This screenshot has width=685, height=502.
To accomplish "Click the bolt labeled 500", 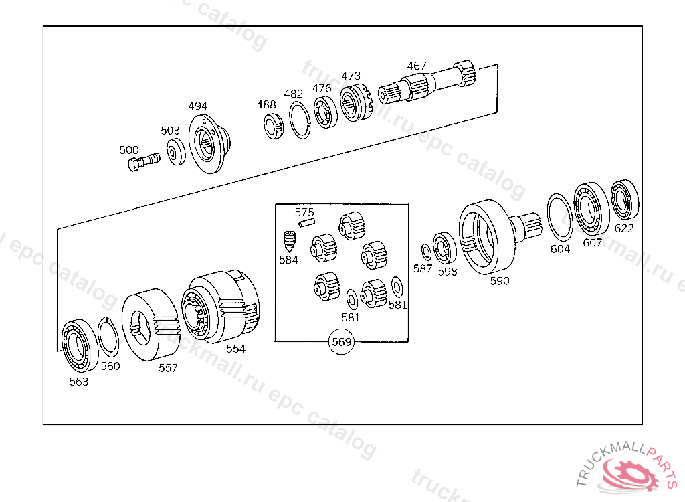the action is pos(144,161).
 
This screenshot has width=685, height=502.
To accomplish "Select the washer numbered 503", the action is pos(176,152).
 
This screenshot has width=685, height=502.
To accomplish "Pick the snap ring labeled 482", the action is pos(300,120).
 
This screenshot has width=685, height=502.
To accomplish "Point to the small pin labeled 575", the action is pos(306,223).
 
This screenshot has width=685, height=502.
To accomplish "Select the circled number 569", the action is pos(342,341).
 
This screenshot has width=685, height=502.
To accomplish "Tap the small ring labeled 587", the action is pos(426,252).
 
